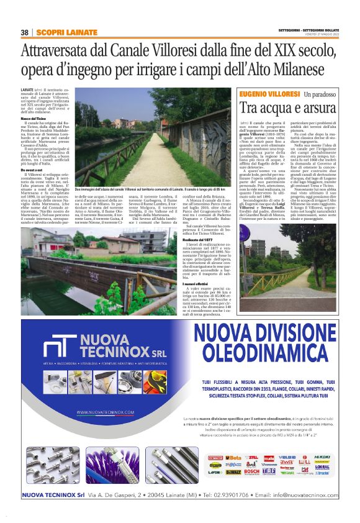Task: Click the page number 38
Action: (x=25, y=32)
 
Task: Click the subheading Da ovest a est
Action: (x=32, y=169)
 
